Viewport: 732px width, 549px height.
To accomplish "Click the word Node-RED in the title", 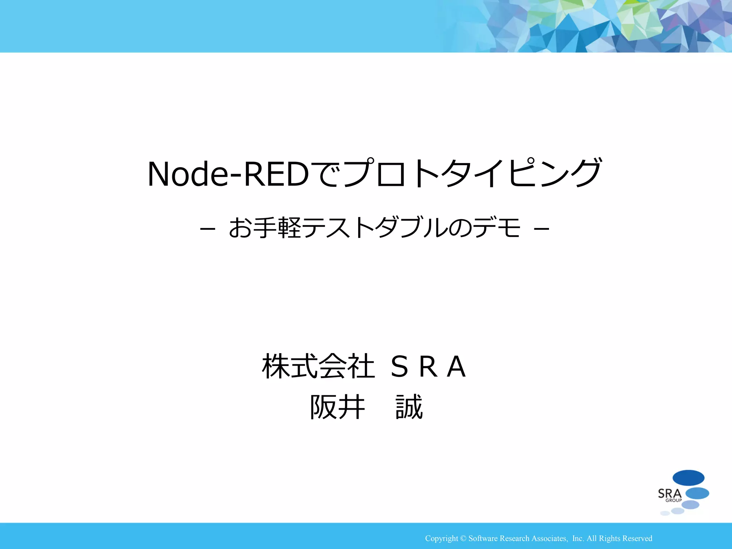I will pyautogui.click(x=228, y=174).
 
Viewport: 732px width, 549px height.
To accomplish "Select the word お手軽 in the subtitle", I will pyautogui.click(x=265, y=228).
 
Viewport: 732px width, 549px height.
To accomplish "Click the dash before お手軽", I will pyautogui.click(x=207, y=228).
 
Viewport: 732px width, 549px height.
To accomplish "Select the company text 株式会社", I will pyautogui.click(x=318, y=366).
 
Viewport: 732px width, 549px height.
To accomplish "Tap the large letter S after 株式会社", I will pyautogui.click(x=399, y=367).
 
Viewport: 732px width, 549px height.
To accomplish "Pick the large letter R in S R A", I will pyautogui.click(x=428, y=367).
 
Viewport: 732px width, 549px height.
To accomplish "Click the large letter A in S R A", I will pyautogui.click(x=456, y=367).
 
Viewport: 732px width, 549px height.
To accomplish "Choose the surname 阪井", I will pyautogui.click(x=337, y=407).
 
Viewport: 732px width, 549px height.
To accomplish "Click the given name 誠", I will pyautogui.click(x=409, y=407).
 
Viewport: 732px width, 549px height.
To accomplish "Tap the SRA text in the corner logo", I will pyautogui.click(x=669, y=494).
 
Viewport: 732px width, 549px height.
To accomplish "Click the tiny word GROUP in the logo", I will pyautogui.click(x=673, y=500).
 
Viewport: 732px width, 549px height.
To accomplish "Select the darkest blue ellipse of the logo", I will pyautogui.click(x=688, y=478).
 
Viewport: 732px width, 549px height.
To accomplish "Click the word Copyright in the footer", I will pyautogui.click(x=441, y=538).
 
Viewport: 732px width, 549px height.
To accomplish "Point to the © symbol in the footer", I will pyautogui.click(x=463, y=538).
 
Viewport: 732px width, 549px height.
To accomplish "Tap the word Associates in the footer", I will pyautogui.click(x=549, y=538).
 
